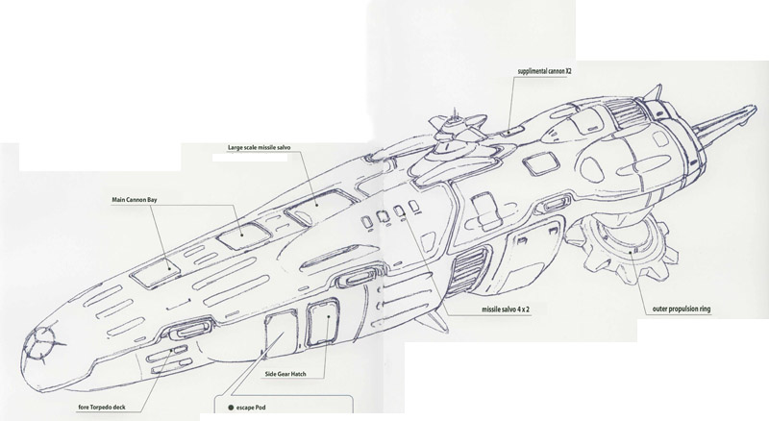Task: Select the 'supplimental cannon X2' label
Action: tap(544, 71)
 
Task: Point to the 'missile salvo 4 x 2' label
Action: tap(506, 310)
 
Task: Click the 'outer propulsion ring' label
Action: tap(682, 310)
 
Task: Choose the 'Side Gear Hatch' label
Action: tap(285, 374)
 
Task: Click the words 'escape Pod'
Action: tap(251, 408)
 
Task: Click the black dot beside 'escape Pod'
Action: tap(231, 408)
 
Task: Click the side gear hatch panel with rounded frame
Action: tap(323, 323)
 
